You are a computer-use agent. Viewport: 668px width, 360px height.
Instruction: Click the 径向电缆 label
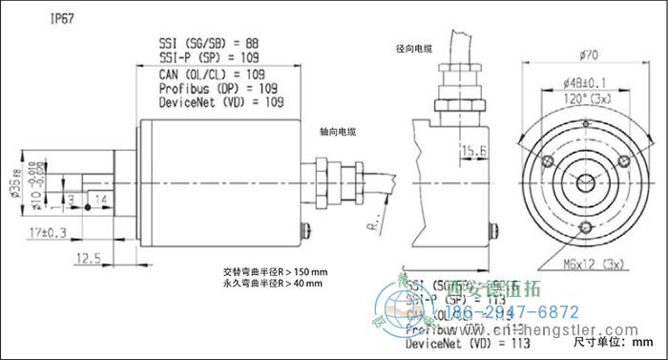pyautogui.click(x=412, y=48)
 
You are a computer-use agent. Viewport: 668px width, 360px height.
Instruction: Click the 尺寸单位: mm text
pyautogui.click(x=612, y=341)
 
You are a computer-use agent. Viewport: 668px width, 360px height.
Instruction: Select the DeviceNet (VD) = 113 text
pyautogui.click(x=469, y=343)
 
